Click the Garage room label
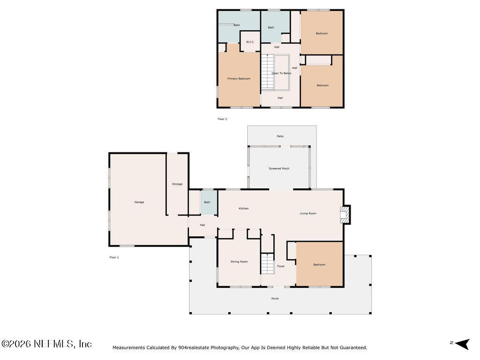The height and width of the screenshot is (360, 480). tap(139, 202)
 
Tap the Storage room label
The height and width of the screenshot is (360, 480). tap(177, 184)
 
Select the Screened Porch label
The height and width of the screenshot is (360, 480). tap(279, 168)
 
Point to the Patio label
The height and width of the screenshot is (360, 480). tap(280, 136)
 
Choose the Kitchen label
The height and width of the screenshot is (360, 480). tap(244, 209)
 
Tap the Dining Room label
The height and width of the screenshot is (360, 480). tap(239, 262)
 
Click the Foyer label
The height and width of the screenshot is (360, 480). tap(281, 266)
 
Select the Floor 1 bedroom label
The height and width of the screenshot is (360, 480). tap(319, 265)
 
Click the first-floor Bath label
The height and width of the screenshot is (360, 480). tap(207, 202)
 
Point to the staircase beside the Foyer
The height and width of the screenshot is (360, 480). tap(267, 263)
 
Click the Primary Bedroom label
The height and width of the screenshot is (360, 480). tap(239, 79)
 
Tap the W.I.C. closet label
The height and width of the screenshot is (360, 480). tap(250, 42)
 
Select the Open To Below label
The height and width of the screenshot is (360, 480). tap(281, 73)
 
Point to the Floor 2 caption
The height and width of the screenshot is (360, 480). tap(222, 119)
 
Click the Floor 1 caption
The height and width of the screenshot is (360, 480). tap(114, 257)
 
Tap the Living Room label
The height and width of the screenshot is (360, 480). tap(308, 213)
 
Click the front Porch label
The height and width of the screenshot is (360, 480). tap(275, 299)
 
